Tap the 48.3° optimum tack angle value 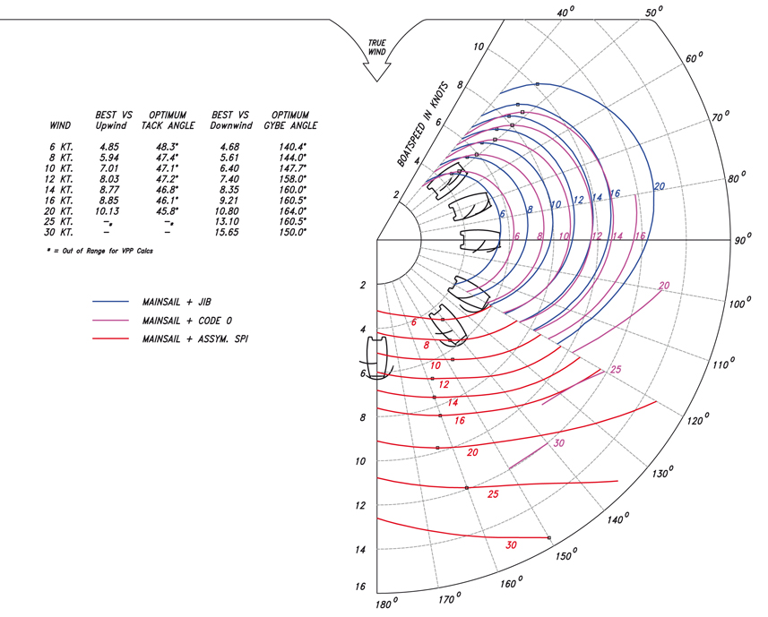coord(164,146)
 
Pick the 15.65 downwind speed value coord(229,232)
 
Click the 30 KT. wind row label coord(62,232)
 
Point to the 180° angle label coord(386,606)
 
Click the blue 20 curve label coord(659,186)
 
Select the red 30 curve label coord(511,544)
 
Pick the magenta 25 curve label coord(615,369)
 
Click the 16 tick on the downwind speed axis coord(360,587)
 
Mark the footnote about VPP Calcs coord(100,252)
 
